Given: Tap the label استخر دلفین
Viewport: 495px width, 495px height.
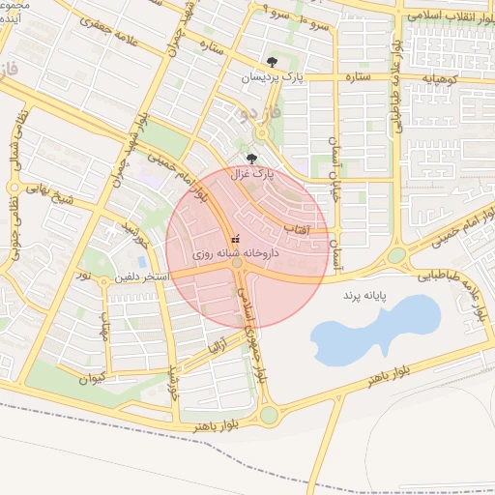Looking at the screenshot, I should pos(143,277).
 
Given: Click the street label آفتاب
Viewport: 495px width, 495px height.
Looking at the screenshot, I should pos(295,228).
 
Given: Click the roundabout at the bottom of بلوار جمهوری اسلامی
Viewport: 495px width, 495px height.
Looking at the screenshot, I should pos(269,415).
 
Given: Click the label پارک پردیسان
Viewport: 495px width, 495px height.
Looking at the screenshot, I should pos(272,77).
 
